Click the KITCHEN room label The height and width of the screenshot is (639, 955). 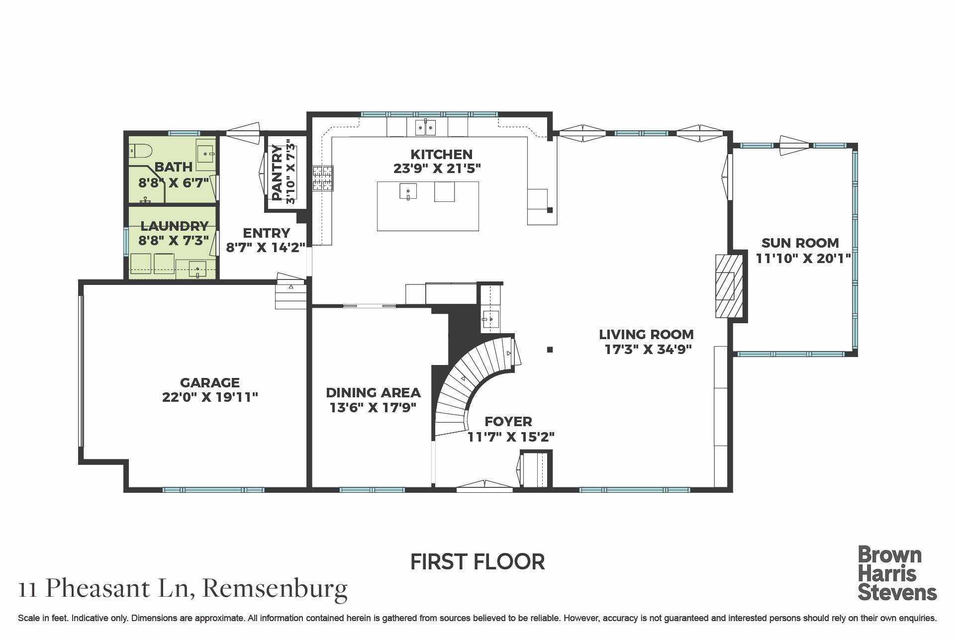click(441, 154)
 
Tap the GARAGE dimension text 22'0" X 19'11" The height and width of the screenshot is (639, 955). click(210, 397)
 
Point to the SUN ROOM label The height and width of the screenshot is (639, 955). click(800, 243)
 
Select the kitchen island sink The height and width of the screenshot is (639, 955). click(408, 191)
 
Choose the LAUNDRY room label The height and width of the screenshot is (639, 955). click(174, 226)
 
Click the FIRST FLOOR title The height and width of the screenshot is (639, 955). click(477, 562)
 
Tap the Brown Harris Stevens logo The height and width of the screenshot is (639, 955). click(897, 573)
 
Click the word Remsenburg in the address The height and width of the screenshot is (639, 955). click(275, 589)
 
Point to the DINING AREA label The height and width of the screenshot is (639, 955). click(373, 393)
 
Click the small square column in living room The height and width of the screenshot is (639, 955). click(550, 350)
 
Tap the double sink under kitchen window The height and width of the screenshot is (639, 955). click(425, 128)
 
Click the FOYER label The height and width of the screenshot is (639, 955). click(508, 422)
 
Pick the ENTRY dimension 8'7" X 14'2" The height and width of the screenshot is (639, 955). click(266, 247)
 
